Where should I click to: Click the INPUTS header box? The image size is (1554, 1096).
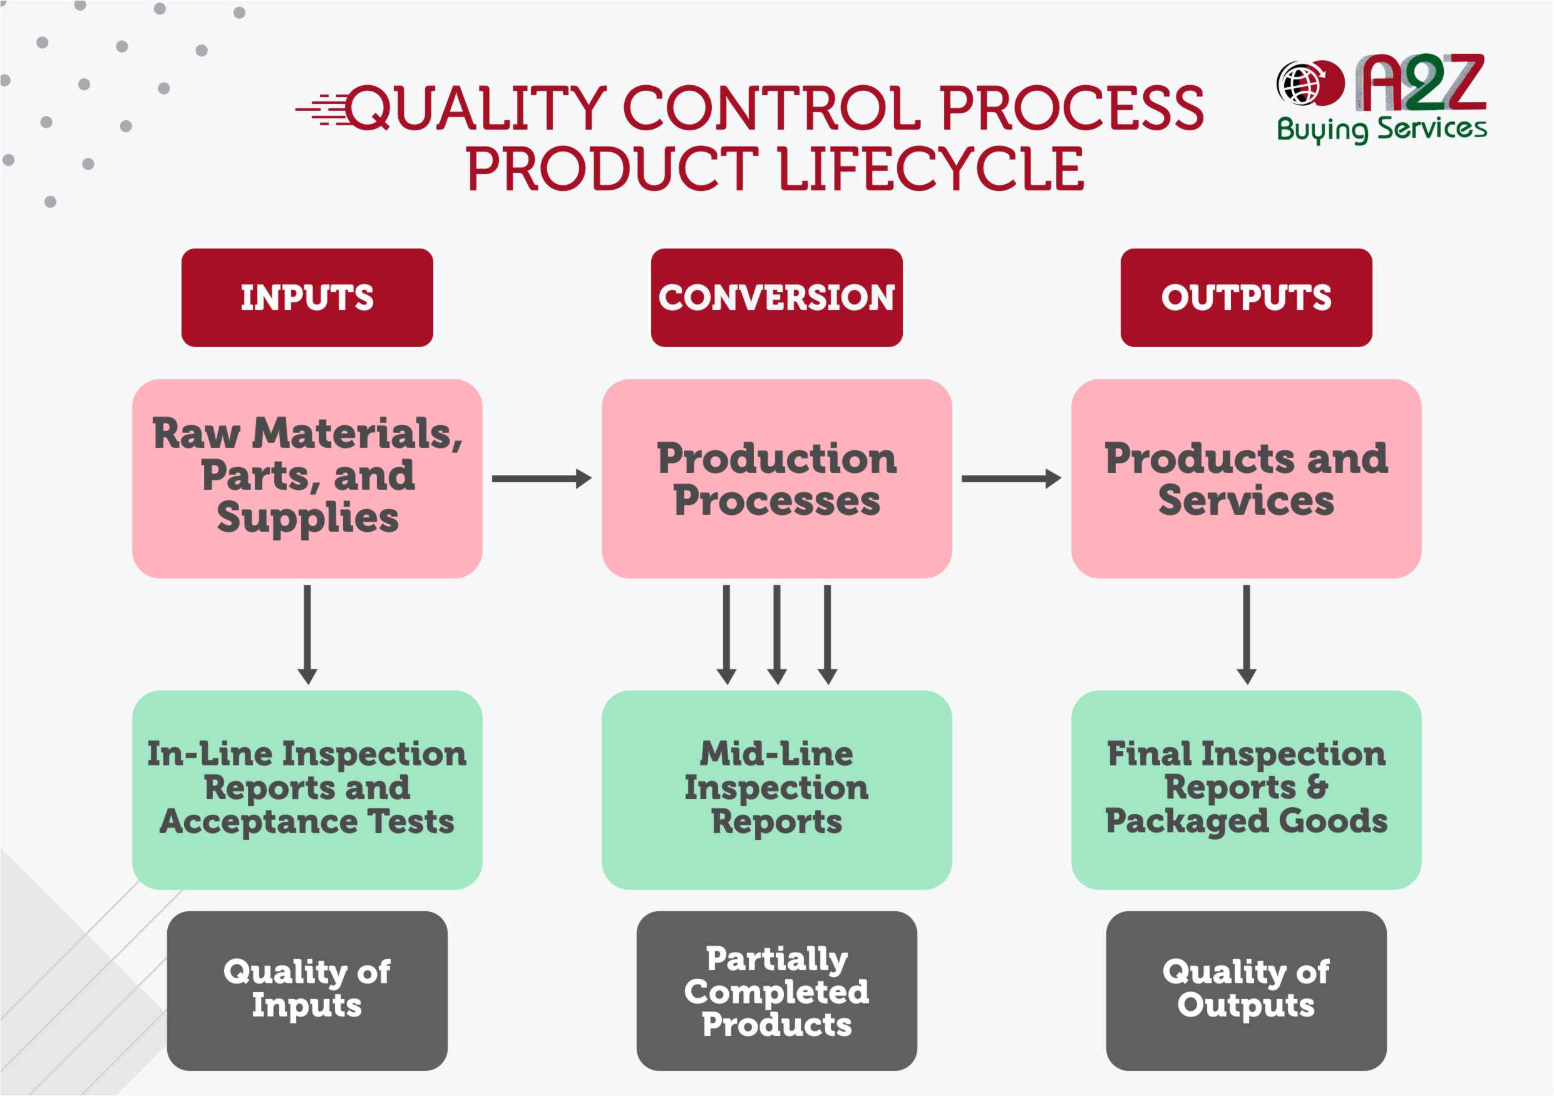(x=307, y=298)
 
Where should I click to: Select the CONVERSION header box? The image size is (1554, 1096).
(x=776, y=298)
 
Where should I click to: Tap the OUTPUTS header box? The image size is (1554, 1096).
(x=1246, y=298)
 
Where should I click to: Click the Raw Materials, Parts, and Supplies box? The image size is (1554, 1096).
(x=307, y=478)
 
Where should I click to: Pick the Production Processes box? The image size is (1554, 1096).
(x=776, y=478)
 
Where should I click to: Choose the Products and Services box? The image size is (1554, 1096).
(x=1246, y=478)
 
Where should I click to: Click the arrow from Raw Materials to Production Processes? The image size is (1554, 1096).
(x=542, y=478)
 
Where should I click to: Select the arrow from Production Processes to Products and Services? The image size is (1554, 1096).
(x=1011, y=478)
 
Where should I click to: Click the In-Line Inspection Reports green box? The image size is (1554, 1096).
(x=307, y=789)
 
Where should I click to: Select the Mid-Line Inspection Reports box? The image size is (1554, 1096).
(x=776, y=789)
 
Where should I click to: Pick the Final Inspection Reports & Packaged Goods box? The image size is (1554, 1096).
(x=1246, y=789)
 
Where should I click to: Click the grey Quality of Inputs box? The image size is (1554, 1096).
(x=307, y=990)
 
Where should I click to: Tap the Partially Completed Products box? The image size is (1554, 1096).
(x=776, y=990)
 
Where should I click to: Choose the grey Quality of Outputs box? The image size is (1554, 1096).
(x=1246, y=990)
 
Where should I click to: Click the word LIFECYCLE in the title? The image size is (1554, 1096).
(x=930, y=169)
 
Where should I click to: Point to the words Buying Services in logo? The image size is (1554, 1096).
(x=1381, y=128)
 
